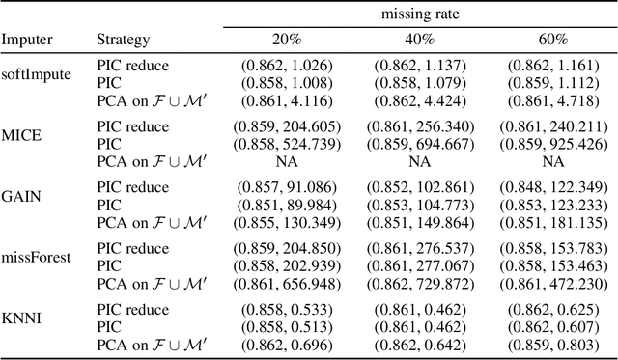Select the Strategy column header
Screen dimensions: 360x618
[x=123, y=40]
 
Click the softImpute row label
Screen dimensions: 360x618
[x=36, y=74]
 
